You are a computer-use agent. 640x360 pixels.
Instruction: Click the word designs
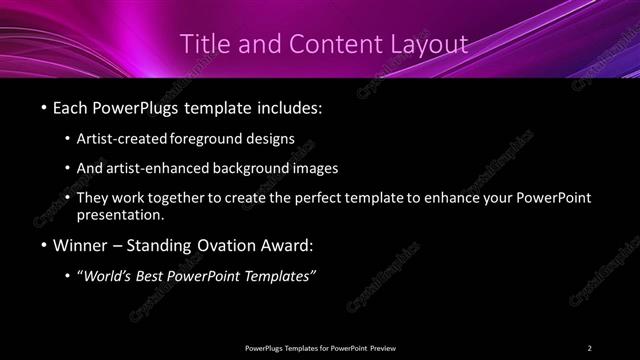[270, 140]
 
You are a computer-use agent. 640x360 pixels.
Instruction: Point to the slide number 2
[589, 347]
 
